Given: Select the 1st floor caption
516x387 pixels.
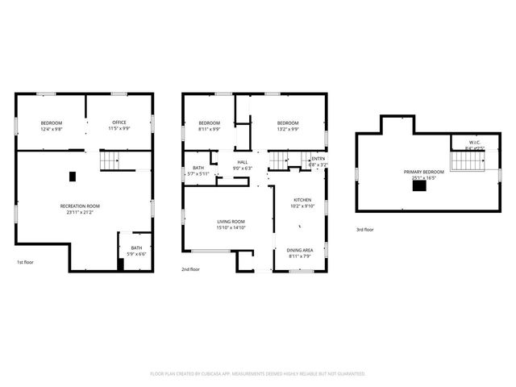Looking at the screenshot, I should tap(26, 263).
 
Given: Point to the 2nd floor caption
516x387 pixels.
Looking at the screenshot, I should tap(190, 268).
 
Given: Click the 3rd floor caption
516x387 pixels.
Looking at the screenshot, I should tap(365, 230).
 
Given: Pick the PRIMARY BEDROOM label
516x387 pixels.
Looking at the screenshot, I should tap(423, 172).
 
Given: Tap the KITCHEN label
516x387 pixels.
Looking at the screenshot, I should tap(302, 199).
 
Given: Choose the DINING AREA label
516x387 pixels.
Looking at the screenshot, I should tap(301, 250).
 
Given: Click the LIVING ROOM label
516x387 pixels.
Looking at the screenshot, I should tap(231, 222).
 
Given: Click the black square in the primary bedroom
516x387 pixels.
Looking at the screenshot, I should tap(419, 186).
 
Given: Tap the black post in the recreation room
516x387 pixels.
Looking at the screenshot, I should tap(73, 176).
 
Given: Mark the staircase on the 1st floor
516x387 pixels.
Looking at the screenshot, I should tap(111, 160).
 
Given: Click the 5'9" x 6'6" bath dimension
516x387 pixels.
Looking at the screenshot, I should tap(137, 254).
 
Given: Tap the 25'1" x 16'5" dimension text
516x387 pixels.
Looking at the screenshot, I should tap(423, 177).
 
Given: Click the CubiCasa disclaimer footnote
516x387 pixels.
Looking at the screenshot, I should tap(258, 374).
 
